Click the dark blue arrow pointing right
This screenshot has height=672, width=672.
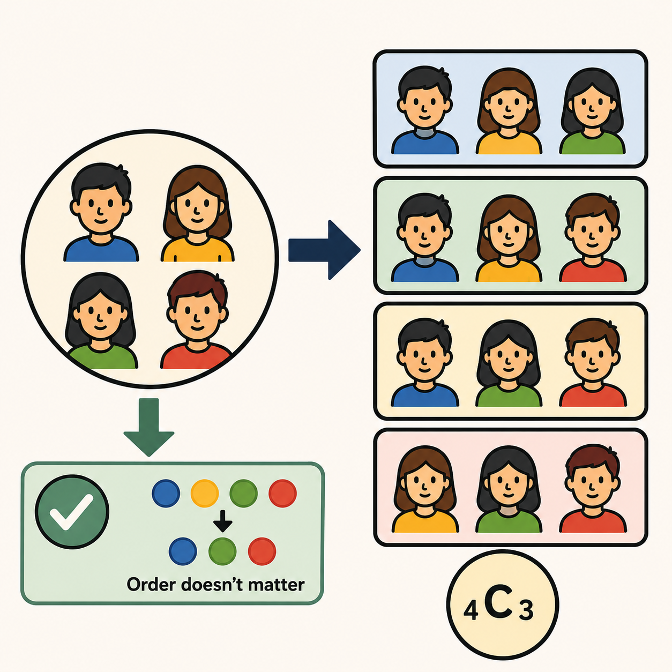(x=324, y=250)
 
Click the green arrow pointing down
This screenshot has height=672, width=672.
(x=149, y=427)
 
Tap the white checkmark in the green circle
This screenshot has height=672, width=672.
(x=71, y=512)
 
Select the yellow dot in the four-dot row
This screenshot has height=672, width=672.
(x=205, y=493)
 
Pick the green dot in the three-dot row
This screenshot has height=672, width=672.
(x=222, y=551)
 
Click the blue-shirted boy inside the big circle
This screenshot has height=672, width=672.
(x=101, y=212)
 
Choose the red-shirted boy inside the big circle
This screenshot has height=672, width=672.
(x=196, y=320)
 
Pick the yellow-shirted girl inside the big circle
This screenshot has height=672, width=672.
(x=197, y=213)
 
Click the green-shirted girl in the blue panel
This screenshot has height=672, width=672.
(x=592, y=111)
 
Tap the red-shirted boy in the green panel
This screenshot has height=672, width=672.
(x=593, y=237)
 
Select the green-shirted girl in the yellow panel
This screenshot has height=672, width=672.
(x=509, y=363)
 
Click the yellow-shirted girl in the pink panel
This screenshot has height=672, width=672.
(x=425, y=489)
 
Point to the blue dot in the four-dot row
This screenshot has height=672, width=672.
(x=166, y=493)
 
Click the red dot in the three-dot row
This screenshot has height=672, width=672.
(x=262, y=551)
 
